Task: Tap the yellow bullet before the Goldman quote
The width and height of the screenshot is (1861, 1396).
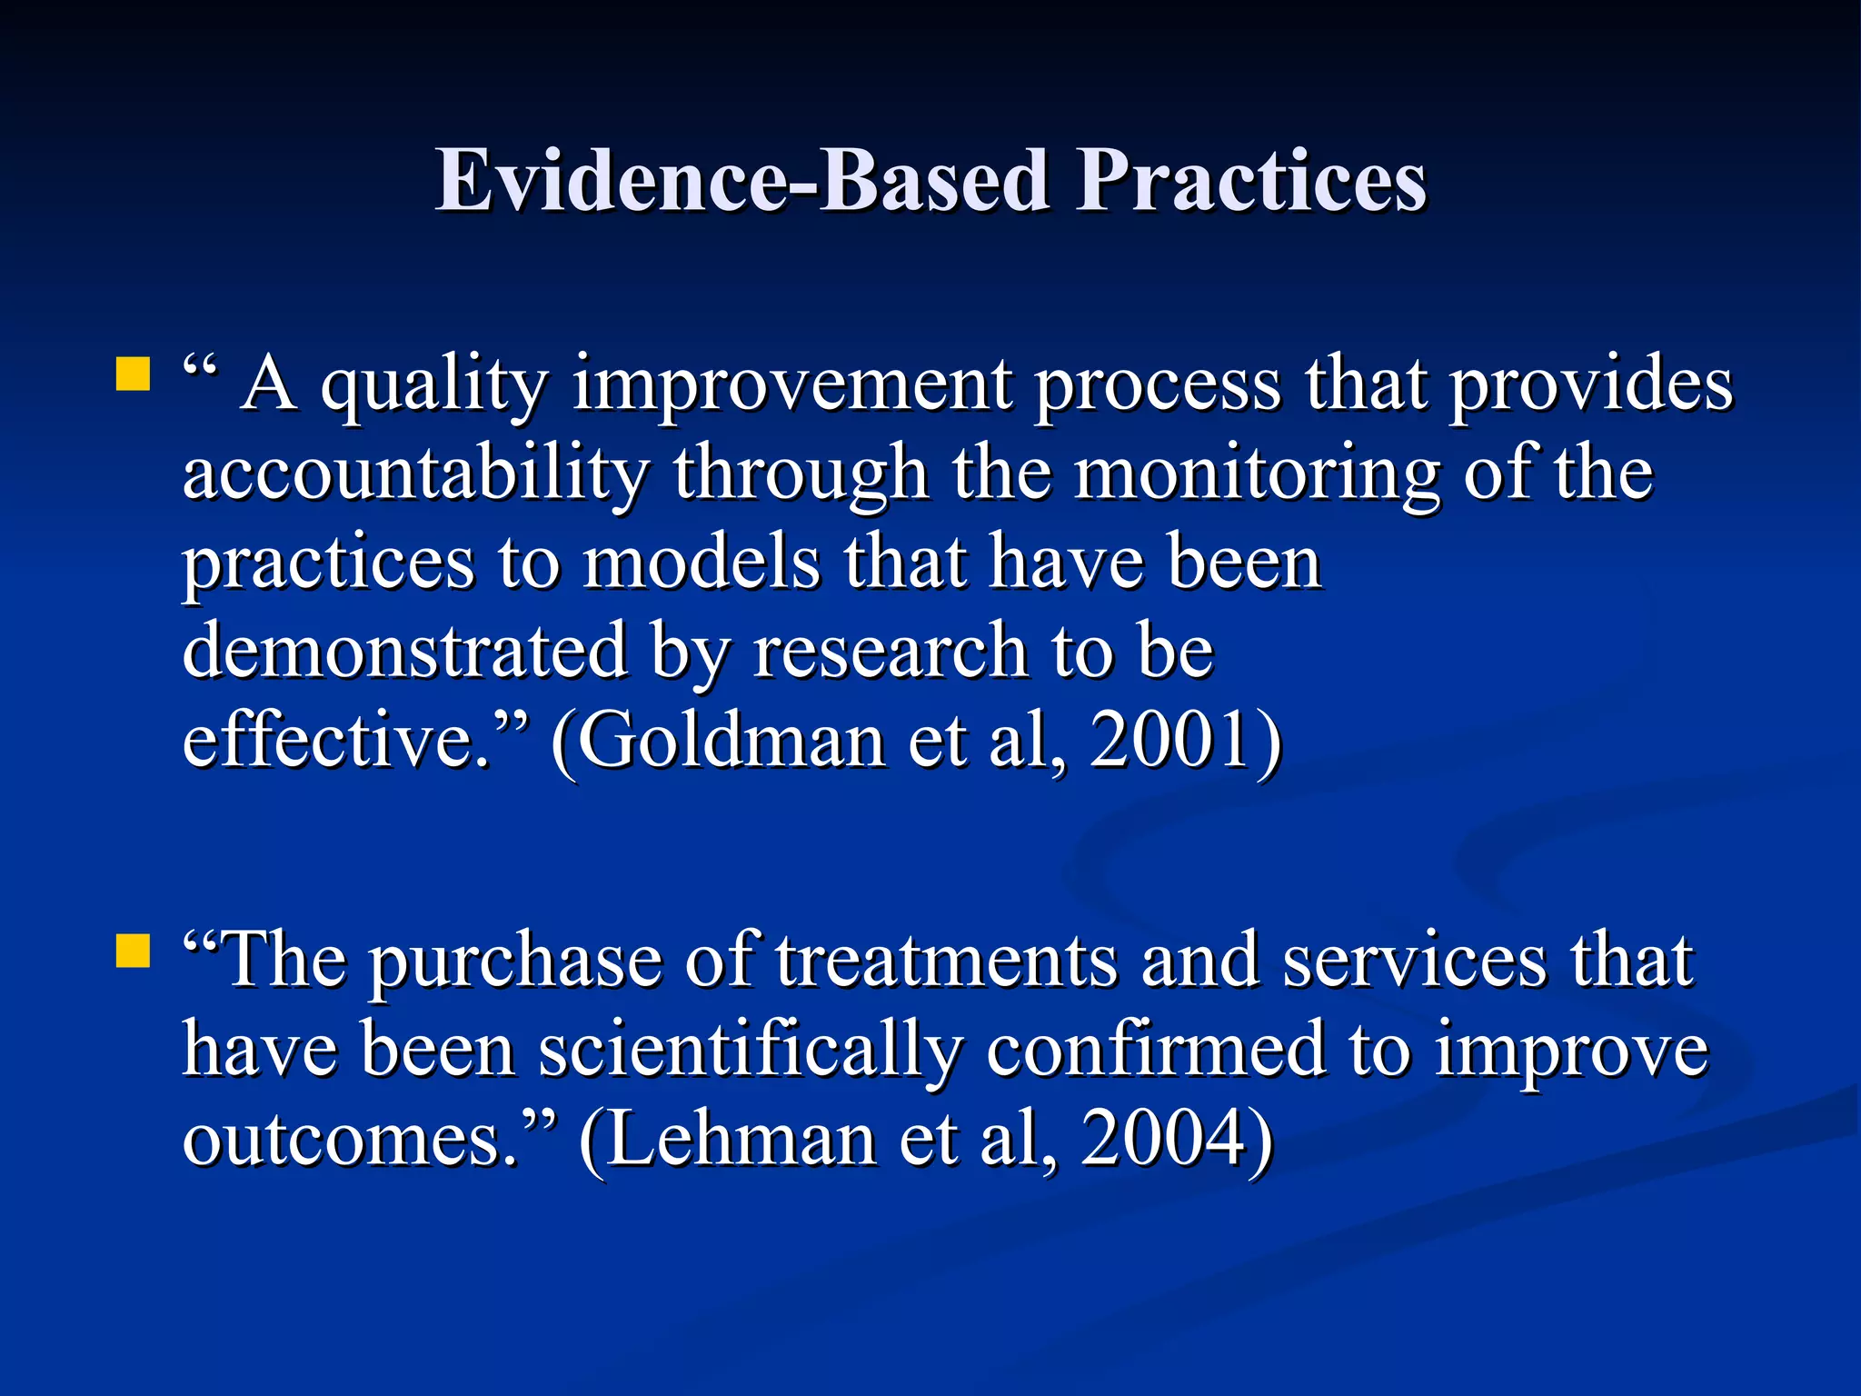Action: (133, 374)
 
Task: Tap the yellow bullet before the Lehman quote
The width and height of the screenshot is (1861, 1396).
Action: (133, 952)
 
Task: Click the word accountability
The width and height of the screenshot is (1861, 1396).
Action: (416, 473)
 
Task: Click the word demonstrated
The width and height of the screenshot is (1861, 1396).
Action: (405, 650)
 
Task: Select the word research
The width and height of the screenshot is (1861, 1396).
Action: (891, 651)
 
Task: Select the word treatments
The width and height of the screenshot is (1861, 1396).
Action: (946, 961)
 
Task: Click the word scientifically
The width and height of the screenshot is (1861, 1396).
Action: (750, 1051)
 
